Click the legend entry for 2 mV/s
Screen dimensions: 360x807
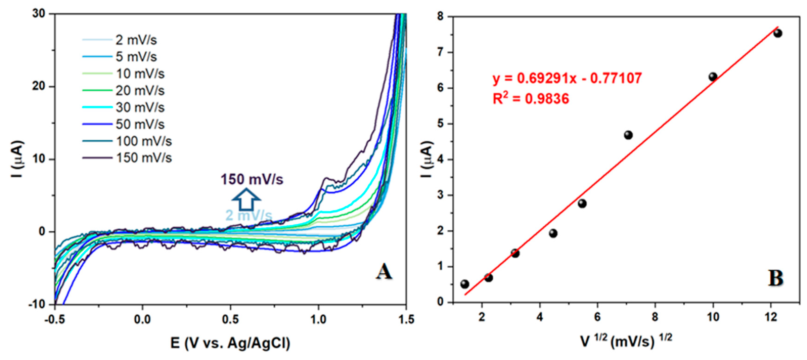136,40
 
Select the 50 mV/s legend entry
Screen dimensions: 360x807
140,124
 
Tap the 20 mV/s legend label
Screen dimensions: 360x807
140,91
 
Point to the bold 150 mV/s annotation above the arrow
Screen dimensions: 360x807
252,180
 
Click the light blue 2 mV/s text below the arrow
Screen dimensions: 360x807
249,216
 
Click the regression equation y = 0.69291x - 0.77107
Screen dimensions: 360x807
567,78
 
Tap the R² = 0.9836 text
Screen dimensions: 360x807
531,99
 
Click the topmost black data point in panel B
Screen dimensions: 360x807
778,33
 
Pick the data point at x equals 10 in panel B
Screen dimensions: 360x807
713,77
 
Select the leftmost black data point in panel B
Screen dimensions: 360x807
465,284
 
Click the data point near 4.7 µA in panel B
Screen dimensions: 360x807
628,135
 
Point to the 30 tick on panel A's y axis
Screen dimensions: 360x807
39,14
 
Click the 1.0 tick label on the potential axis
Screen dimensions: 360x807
318,320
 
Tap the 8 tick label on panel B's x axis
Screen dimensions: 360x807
655,317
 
